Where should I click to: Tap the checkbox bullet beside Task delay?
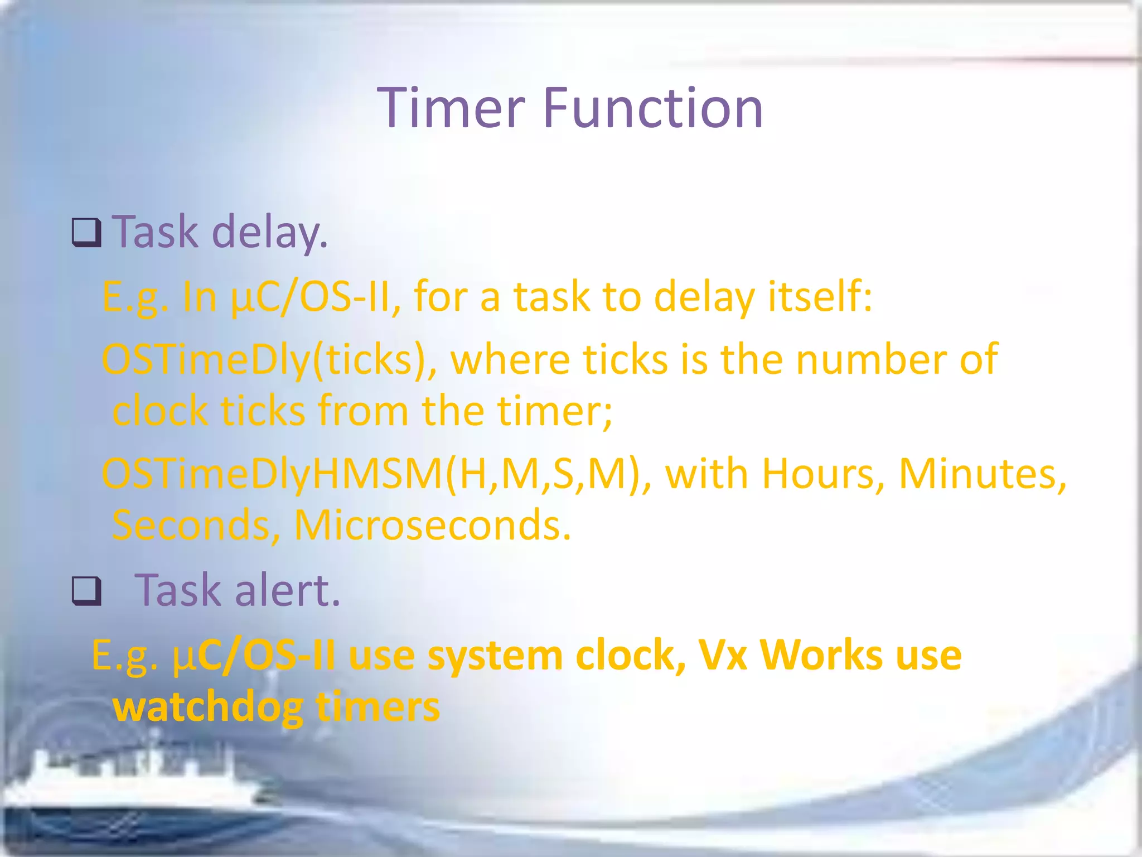point(86,233)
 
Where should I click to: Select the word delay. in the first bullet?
point(270,232)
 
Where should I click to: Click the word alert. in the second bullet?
point(287,590)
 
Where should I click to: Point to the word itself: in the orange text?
point(820,296)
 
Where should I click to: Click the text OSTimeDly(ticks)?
point(269,360)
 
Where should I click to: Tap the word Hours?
point(822,474)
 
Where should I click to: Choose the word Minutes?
point(982,474)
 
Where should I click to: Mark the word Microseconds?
point(432,525)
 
